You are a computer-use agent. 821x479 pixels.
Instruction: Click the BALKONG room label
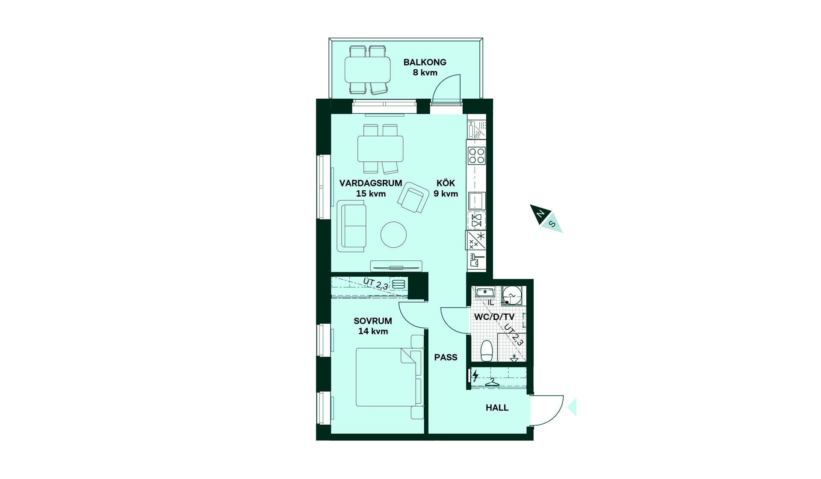tap(425, 62)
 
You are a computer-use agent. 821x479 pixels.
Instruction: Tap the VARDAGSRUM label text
tap(371, 183)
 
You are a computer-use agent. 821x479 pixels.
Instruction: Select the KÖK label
tap(446, 183)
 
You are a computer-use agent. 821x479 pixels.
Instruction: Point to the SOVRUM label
tap(373, 321)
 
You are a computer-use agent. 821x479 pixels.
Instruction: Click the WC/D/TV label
tap(494, 317)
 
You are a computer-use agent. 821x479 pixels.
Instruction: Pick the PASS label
tap(446, 357)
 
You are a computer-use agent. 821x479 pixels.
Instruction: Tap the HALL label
tap(497, 408)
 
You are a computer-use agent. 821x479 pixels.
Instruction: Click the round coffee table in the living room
tap(393, 234)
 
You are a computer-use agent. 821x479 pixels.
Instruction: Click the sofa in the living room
tap(351, 226)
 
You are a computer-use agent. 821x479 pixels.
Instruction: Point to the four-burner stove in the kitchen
tap(476, 156)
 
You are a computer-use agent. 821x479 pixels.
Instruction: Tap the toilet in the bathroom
tap(487, 351)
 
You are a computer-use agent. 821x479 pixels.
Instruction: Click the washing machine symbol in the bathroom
tap(511, 295)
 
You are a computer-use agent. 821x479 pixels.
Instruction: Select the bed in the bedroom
tap(386, 377)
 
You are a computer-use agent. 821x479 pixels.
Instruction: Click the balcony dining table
tap(368, 70)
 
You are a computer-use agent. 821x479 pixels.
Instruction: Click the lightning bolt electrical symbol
tap(475, 376)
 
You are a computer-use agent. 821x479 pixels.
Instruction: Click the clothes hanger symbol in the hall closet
tap(493, 382)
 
